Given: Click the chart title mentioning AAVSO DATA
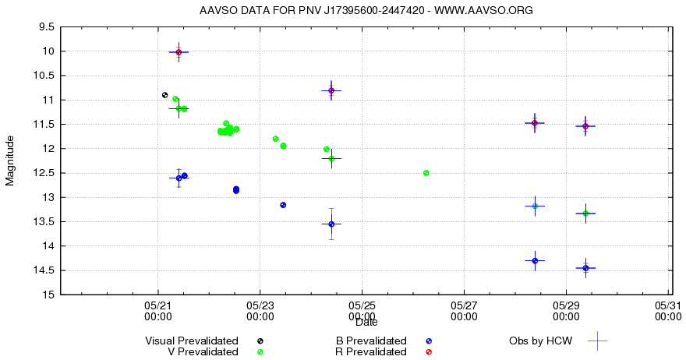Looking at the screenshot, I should click(366, 10).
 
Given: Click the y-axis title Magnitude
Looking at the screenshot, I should click(10, 161).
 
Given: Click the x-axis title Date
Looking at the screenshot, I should click(366, 322).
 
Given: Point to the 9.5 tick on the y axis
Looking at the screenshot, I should click(46, 26).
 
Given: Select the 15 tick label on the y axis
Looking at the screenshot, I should click(48, 295).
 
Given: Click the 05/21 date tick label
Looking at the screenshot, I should click(158, 311).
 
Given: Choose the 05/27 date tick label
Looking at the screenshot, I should click(464, 311).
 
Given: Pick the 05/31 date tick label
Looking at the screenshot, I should click(667, 311).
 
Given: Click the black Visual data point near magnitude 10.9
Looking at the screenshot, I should click(164, 95).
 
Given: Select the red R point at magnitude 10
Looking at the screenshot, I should click(179, 52).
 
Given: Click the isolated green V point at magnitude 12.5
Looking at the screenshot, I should click(426, 173).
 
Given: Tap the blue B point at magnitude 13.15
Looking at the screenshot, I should click(283, 205).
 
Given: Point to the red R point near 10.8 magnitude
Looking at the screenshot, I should click(331, 90).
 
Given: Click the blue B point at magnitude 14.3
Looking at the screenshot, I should click(535, 261).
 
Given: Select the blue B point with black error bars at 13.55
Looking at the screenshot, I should click(331, 224).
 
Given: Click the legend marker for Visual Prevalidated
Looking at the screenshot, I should click(260, 341).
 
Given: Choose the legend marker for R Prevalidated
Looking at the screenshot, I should click(429, 352).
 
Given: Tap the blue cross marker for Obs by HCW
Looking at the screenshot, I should click(597, 341).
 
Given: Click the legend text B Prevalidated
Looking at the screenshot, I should click(371, 341).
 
